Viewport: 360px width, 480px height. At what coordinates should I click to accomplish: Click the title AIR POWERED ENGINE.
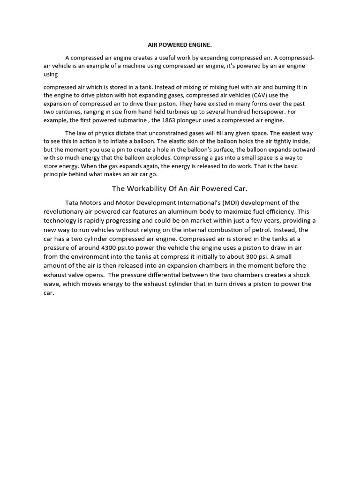(x=180, y=45)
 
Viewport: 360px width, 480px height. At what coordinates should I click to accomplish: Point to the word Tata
(x=72, y=203)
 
